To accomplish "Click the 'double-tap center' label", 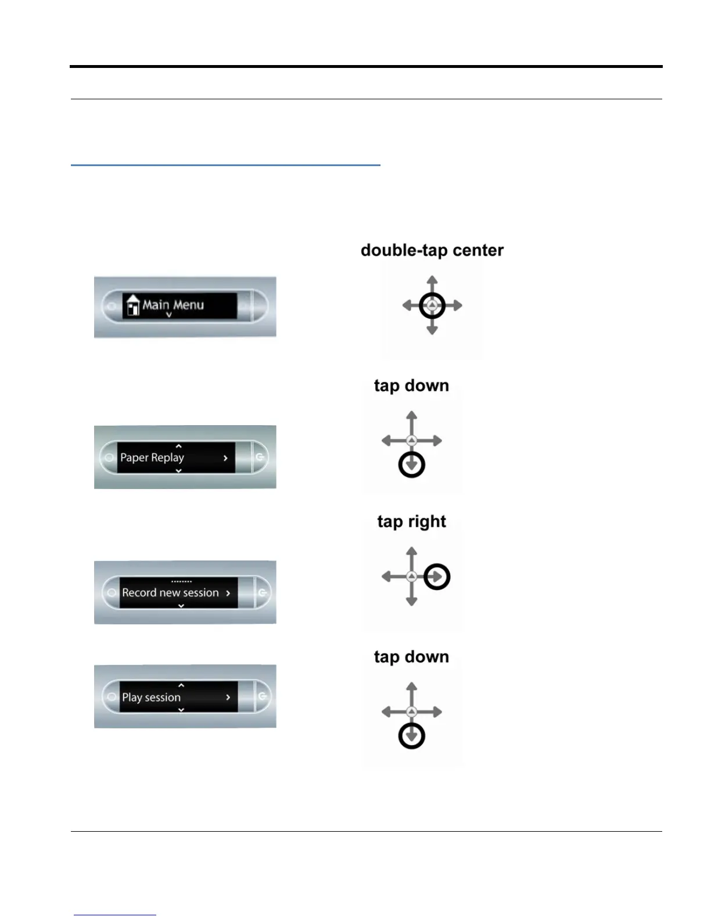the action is pos(432,250).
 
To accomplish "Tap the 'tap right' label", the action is pos(411,522).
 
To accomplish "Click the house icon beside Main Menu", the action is pos(133,306).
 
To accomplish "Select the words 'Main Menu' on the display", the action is pos(173,305).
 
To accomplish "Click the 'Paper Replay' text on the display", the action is pos(152,458).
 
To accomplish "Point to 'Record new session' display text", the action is pos(170,593).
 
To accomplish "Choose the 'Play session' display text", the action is pos(151,698).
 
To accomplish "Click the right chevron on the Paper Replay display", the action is pos(225,458).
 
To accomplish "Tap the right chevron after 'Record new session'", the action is pos(228,593).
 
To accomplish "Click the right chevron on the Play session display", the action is pos(228,698).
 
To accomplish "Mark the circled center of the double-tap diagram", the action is pos(432,306).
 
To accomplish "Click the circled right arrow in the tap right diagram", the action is pos(437,577).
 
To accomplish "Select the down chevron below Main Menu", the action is pos(169,315).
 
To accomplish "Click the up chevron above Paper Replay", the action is pos(179,446).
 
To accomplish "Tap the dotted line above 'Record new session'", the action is pos(181,581).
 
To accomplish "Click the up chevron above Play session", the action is pos(181,686).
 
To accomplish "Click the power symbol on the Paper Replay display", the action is pos(260,457).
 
